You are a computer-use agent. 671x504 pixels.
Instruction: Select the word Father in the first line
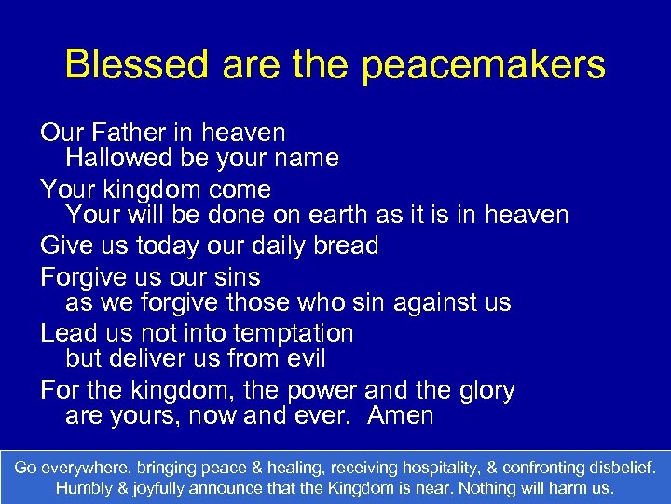131,133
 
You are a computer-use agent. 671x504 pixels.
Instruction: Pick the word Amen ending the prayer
401,415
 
